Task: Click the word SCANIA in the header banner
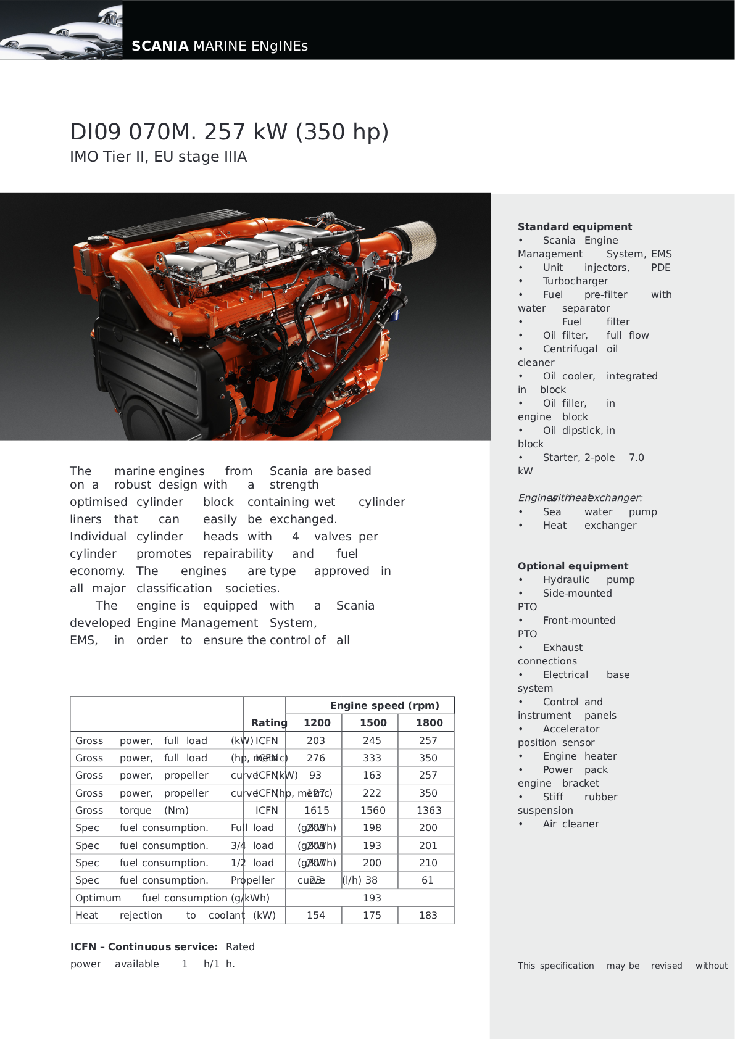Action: pyautogui.click(x=160, y=46)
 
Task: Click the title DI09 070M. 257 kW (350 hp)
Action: pyautogui.click(x=229, y=132)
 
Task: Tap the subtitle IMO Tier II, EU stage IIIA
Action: pyautogui.click(x=158, y=157)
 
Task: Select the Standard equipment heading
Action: pyautogui.click(x=575, y=226)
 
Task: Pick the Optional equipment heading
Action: pyautogui.click(x=573, y=566)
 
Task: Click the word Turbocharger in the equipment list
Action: pyautogui.click(x=575, y=281)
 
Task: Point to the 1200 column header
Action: pyautogui.click(x=317, y=722)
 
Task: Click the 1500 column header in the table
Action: pyautogui.click(x=373, y=722)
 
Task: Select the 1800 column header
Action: pyautogui.click(x=429, y=722)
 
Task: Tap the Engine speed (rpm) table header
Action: pyautogui.click(x=384, y=705)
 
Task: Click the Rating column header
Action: pyautogui.click(x=269, y=722)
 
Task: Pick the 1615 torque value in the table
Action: pyautogui.click(x=317, y=810)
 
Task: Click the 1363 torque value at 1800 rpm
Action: pyautogui.click(x=429, y=810)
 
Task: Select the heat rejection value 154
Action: pyautogui.click(x=315, y=915)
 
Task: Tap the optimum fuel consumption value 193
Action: pyautogui.click(x=372, y=898)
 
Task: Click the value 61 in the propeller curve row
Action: pyautogui.click(x=427, y=880)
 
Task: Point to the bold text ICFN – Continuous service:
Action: pyautogui.click(x=144, y=946)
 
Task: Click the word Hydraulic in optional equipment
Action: pyautogui.click(x=566, y=579)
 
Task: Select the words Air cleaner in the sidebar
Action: pyautogui.click(x=571, y=824)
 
